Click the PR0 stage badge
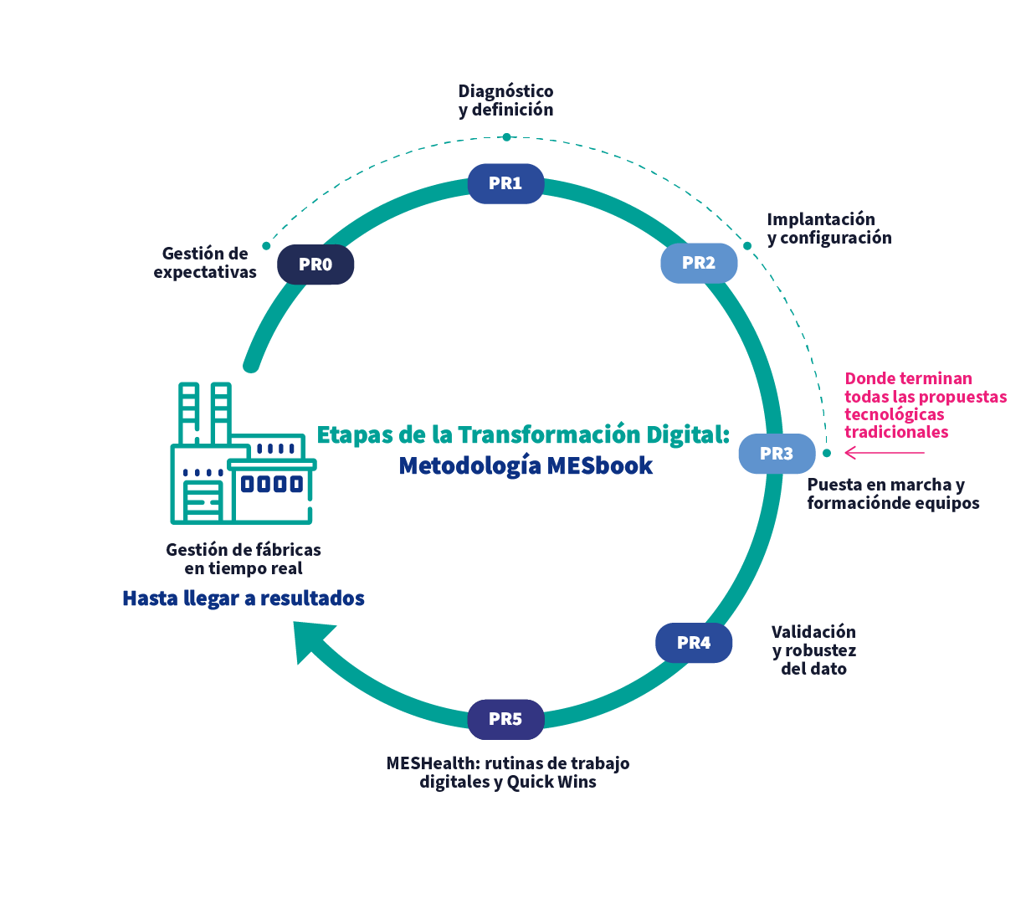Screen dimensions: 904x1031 (x=315, y=265)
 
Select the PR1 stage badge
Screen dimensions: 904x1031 (x=505, y=183)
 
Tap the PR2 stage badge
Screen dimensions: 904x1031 (x=699, y=263)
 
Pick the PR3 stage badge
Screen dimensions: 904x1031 (x=777, y=454)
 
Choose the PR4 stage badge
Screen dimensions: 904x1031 (x=694, y=643)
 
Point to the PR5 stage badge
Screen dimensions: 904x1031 (x=505, y=719)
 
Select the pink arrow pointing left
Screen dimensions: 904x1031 (x=884, y=453)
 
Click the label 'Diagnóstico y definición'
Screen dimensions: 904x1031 (x=506, y=100)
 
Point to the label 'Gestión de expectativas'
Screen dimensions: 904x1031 (x=206, y=263)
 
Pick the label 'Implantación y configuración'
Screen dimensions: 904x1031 (x=828, y=229)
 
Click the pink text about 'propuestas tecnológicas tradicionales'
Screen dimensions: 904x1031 (x=925, y=405)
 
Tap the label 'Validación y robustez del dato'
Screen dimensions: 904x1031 (x=814, y=650)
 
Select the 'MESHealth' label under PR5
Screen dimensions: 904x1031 (x=508, y=773)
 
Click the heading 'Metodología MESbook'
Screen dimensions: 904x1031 (x=526, y=466)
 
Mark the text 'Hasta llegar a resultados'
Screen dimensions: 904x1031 (x=244, y=598)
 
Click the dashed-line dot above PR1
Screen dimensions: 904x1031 (x=506, y=136)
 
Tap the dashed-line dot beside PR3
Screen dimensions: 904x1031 (x=826, y=453)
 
